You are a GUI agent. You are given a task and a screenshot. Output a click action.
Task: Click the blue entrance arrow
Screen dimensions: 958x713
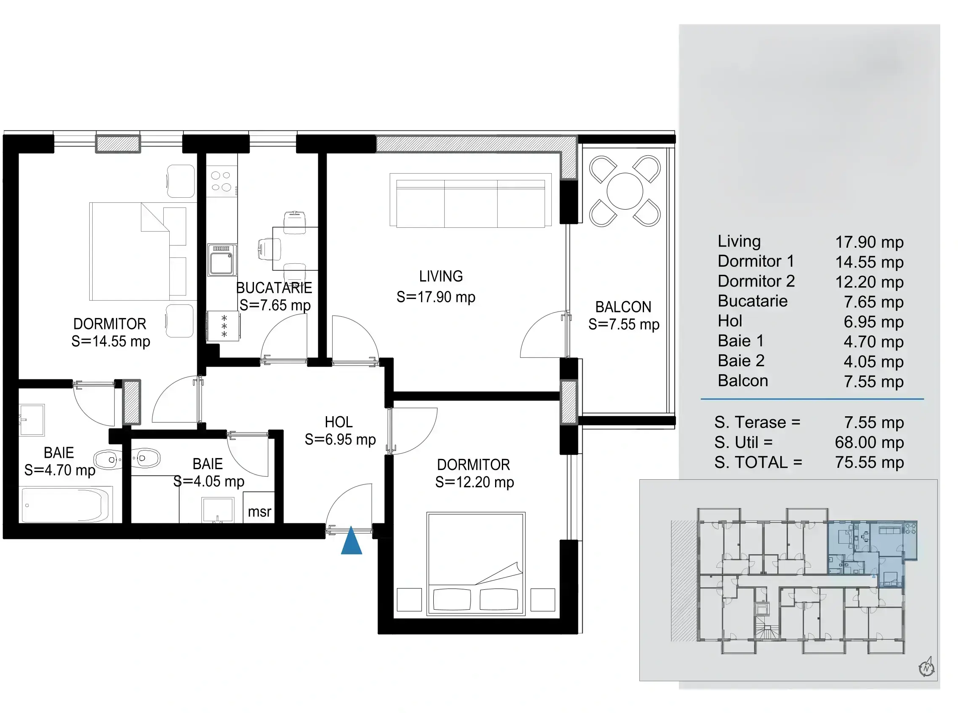pos(352,541)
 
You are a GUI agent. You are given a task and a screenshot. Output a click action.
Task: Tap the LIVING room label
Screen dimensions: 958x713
pos(441,276)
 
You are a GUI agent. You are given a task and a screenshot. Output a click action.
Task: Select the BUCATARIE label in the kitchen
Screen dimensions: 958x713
pos(274,288)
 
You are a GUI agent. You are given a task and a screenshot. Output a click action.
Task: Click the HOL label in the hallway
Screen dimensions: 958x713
pos(339,422)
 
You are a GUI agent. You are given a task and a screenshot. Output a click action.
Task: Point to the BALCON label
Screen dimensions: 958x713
pos(623,307)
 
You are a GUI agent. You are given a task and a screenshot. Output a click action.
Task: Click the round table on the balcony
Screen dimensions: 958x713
pos(625,191)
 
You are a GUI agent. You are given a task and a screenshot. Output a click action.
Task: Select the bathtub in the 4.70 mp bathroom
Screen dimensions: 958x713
pos(67,505)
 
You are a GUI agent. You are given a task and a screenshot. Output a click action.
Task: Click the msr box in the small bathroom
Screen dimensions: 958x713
pos(259,508)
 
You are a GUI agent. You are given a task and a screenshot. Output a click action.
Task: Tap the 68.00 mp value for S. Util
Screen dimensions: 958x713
pos(869,442)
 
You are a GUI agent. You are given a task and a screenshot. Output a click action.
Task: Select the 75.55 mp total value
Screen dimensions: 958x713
pos(869,463)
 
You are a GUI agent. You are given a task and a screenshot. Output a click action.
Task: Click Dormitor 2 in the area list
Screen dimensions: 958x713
pos(756,282)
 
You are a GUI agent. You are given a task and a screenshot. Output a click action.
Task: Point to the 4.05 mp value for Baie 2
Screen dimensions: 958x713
pos(873,362)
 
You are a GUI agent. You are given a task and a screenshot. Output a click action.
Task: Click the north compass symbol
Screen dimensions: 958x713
pos(926,667)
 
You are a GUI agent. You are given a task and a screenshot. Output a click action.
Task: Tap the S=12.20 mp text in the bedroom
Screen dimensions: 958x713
pos(474,482)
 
